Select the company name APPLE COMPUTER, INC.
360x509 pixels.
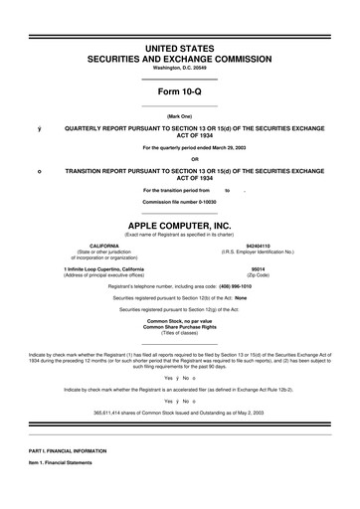(x=180, y=225)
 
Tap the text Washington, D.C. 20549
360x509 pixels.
(x=180, y=69)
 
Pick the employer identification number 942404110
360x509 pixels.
(x=258, y=245)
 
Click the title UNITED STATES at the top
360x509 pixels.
(x=180, y=49)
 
